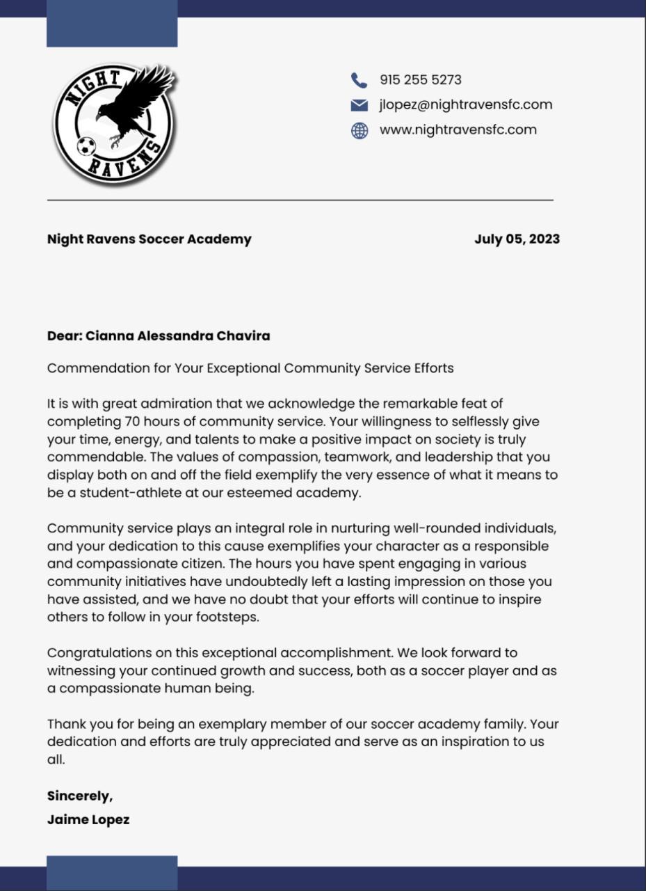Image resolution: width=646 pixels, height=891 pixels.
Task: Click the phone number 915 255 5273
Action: click(420, 80)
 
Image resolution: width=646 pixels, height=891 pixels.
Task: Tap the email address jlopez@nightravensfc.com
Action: click(465, 105)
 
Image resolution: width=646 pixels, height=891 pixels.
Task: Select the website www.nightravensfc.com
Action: click(458, 130)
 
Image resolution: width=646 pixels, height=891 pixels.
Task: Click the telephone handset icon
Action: click(359, 81)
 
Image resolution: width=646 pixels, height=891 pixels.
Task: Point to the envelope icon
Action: click(359, 105)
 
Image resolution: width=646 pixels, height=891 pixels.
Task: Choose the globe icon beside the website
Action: click(359, 131)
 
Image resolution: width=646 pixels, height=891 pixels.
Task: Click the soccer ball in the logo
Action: click(86, 146)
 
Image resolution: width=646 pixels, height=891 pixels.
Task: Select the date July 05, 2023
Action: click(517, 239)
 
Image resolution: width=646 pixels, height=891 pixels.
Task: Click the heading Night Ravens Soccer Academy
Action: click(149, 239)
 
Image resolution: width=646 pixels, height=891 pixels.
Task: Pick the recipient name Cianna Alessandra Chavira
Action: click(177, 336)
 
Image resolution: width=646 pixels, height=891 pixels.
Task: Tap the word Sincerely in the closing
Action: click(79, 796)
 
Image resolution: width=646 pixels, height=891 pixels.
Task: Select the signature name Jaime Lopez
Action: click(88, 820)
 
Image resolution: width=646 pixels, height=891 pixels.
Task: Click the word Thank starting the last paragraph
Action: click(63, 725)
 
